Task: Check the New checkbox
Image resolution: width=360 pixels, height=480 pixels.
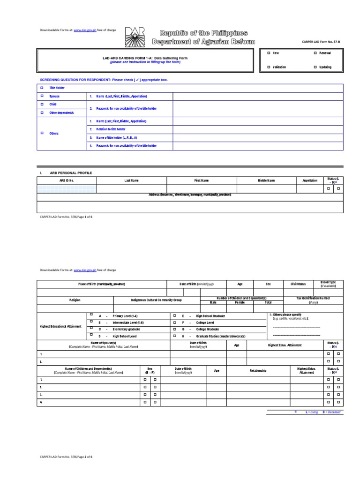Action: click(269, 53)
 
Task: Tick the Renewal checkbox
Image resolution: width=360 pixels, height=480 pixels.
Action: click(315, 53)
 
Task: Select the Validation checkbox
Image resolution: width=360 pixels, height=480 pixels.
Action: click(269, 67)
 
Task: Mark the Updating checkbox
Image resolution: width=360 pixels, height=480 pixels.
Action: click(315, 67)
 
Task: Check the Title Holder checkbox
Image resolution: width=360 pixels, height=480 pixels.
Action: click(42, 88)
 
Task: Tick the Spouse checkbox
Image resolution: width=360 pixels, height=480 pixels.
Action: click(42, 96)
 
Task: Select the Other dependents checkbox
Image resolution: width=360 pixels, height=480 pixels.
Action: click(42, 113)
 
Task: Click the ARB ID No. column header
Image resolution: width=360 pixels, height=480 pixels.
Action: click(67, 180)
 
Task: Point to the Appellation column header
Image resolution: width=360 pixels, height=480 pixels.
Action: click(310, 180)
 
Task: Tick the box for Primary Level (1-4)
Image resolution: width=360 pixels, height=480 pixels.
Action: click(92, 316)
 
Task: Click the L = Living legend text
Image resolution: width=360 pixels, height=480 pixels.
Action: click(311, 412)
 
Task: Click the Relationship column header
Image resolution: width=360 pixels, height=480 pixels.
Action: click(258, 370)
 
